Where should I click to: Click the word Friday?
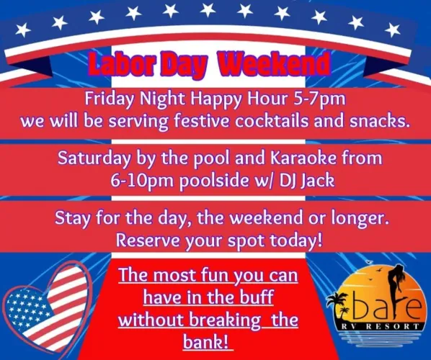[109, 98]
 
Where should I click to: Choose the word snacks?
[377, 120]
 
